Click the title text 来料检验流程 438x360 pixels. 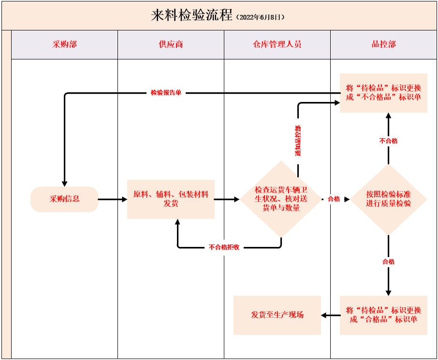(192, 15)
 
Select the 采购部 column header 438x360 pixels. (64, 44)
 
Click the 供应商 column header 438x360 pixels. (171, 44)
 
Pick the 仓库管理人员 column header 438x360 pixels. (277, 44)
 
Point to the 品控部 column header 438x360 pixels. (383, 44)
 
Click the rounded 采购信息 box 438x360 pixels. (64, 199)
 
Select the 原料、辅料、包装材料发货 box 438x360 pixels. (171, 199)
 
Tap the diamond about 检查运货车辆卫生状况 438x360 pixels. (281, 199)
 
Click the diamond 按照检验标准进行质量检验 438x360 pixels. (388, 199)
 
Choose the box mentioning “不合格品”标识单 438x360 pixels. (383, 93)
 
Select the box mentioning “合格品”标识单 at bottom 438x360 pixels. (383, 315)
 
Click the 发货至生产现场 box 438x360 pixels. (277, 315)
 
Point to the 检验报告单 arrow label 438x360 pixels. (166, 93)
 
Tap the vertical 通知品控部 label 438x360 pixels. (298, 141)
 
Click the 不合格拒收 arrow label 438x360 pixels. (224, 247)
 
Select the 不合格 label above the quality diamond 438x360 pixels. (388, 141)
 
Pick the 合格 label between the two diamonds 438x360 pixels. (334, 199)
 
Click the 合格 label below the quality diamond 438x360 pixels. (388, 262)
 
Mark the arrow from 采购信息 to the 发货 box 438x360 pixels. (112, 199)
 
